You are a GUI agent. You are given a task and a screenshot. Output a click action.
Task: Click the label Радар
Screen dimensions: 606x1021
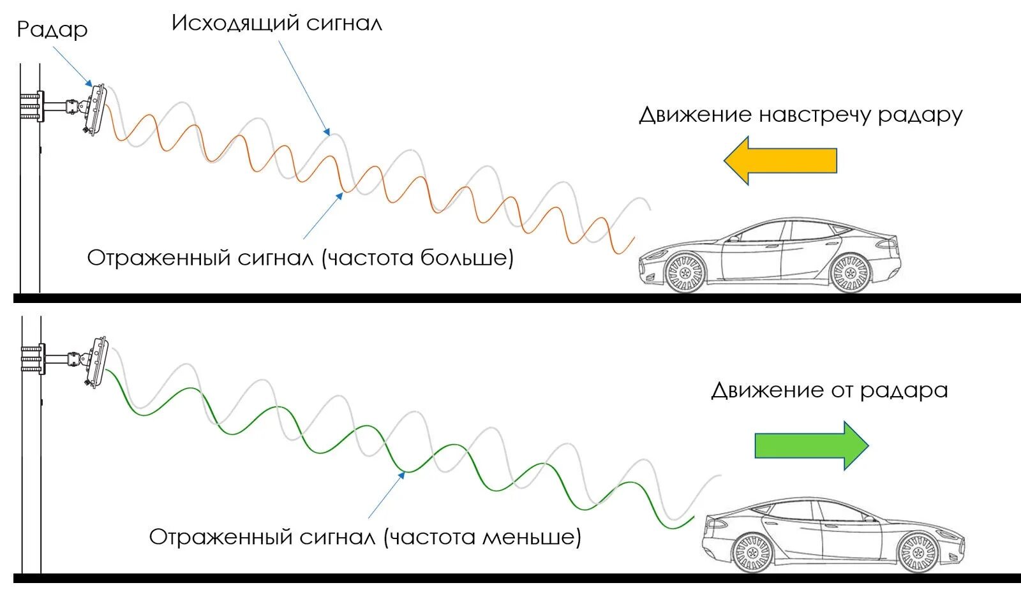click(52, 29)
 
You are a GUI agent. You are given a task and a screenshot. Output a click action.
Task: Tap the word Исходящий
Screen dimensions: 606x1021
click(235, 24)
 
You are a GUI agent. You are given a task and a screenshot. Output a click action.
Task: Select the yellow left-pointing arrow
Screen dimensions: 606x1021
click(780, 161)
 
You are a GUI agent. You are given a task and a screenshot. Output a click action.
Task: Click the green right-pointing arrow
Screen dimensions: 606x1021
click(811, 445)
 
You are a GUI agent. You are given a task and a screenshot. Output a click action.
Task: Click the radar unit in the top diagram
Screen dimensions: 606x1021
click(96, 109)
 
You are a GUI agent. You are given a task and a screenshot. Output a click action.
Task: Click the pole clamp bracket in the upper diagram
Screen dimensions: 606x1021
click(33, 107)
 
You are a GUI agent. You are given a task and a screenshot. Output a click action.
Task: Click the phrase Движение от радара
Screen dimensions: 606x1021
click(829, 390)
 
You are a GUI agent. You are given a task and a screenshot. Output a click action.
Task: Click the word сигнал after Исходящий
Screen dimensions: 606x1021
click(344, 24)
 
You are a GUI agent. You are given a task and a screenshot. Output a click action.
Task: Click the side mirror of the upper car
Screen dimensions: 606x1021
click(734, 238)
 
